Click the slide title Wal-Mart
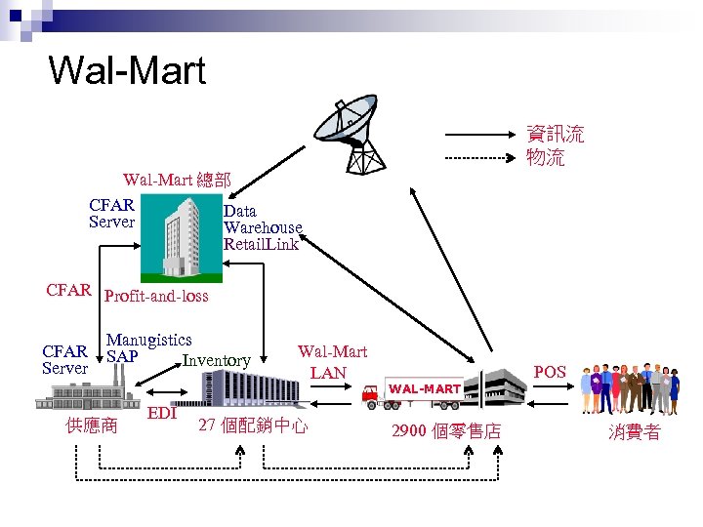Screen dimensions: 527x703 click(x=127, y=70)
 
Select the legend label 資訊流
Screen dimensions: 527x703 click(x=556, y=134)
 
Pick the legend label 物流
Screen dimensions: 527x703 click(x=546, y=157)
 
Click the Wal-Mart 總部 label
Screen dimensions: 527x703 click(x=177, y=180)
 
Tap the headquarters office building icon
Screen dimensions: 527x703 click(x=185, y=234)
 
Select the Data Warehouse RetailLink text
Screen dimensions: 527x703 click(x=262, y=227)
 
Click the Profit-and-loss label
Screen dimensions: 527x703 click(x=156, y=296)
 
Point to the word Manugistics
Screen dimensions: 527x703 click(x=148, y=340)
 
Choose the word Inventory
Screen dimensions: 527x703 click(x=216, y=361)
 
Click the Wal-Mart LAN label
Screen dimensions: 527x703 click(x=332, y=361)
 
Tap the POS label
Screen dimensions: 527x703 click(x=550, y=372)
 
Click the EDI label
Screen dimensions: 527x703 click(x=161, y=413)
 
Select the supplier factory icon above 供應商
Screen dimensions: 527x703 click(x=86, y=392)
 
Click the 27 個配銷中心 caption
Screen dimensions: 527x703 click(x=253, y=426)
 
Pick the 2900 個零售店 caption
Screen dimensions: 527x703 click(x=445, y=431)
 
